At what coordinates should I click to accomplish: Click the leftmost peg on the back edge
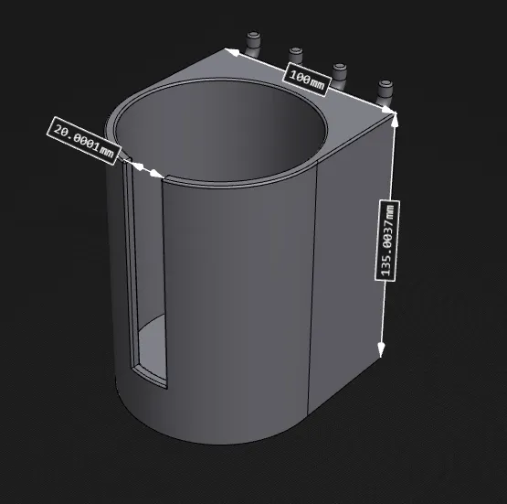tap(254, 40)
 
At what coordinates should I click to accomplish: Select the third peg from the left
tap(340, 72)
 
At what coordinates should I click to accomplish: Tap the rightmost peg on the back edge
tap(386, 91)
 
